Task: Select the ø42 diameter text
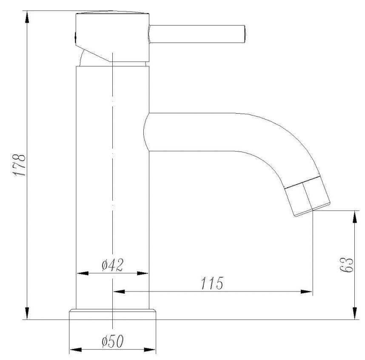click(x=113, y=265)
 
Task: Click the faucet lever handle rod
click(x=197, y=34)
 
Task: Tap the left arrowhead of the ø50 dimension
click(x=75, y=350)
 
